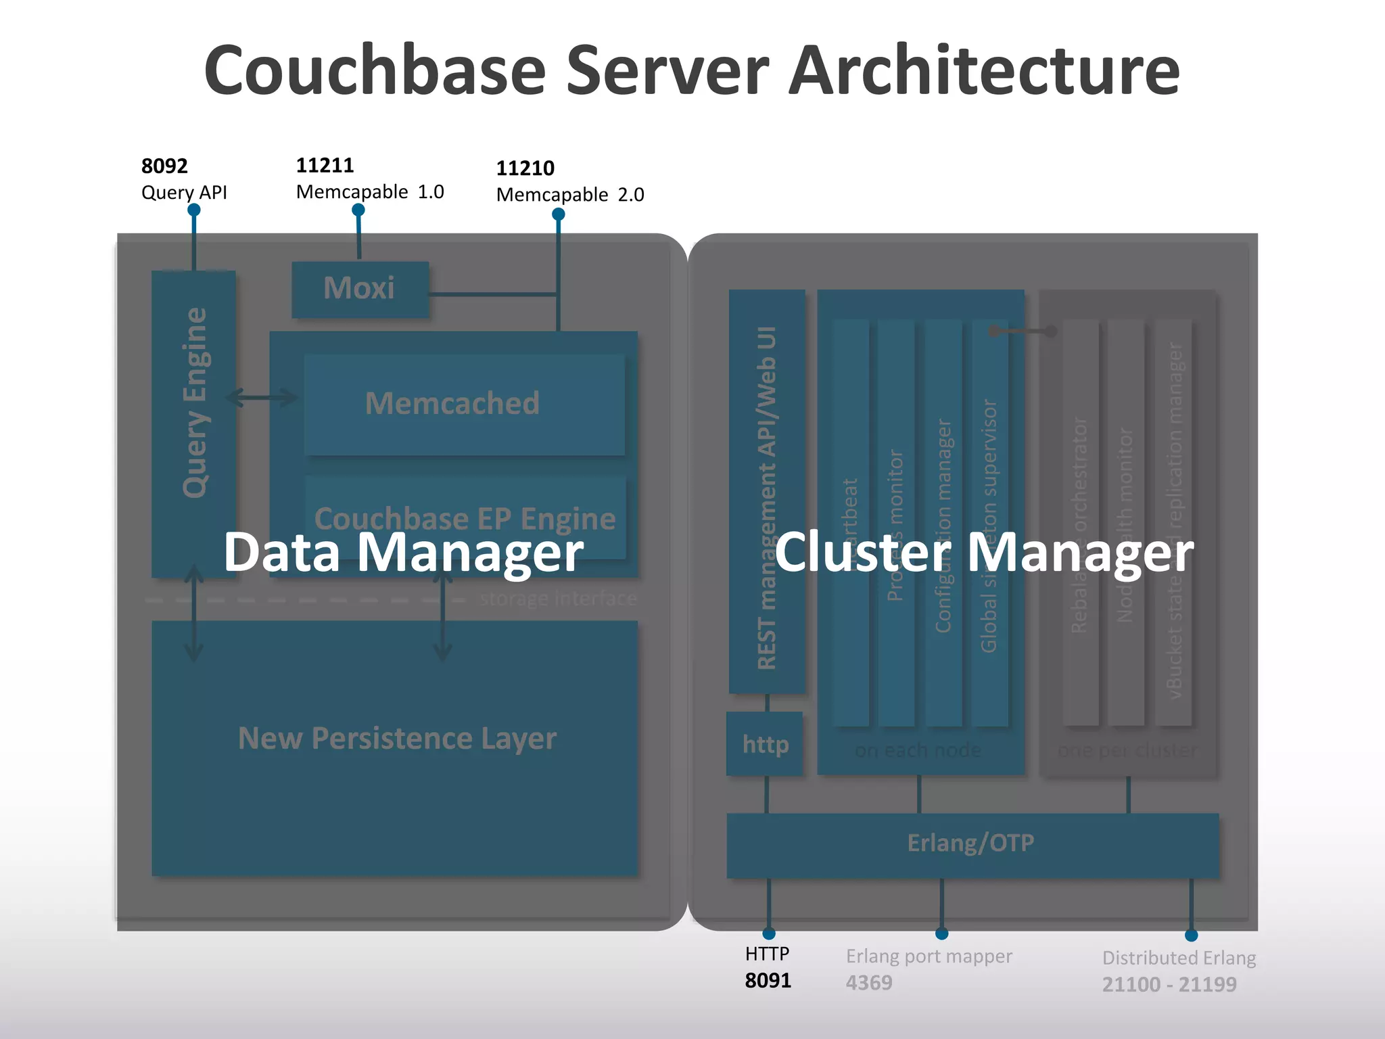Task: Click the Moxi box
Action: coord(360,289)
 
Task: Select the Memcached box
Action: coord(464,404)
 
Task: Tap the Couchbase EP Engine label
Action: coord(465,518)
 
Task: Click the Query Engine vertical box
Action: coord(194,406)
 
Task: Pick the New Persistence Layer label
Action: coord(397,738)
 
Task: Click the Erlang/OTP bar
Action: coord(971,844)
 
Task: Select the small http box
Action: coord(765,744)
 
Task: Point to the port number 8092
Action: coord(164,166)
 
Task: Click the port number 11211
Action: coord(325,165)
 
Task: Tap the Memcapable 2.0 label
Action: coord(569,195)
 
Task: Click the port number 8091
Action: coord(768,980)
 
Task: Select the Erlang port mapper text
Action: coord(929,956)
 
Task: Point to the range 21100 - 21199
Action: coord(1169,984)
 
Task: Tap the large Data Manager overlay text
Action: coord(403,553)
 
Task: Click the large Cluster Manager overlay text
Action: coord(983,553)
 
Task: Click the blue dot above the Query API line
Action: coord(194,210)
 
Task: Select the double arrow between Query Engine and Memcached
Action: coord(262,397)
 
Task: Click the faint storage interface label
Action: coord(558,599)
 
